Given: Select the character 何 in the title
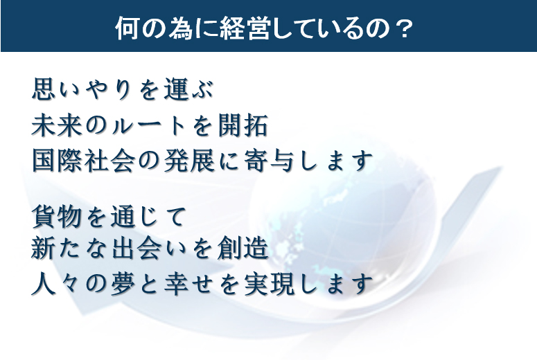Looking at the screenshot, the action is tap(127, 28).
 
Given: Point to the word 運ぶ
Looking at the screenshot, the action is tap(188, 89).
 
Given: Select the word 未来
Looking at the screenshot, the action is tap(57, 125).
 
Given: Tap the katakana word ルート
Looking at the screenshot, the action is tap(149, 126).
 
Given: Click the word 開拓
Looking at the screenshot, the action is tap(243, 125).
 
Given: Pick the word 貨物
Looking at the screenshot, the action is tap(57, 216).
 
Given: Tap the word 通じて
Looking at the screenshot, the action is tap(148, 216).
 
